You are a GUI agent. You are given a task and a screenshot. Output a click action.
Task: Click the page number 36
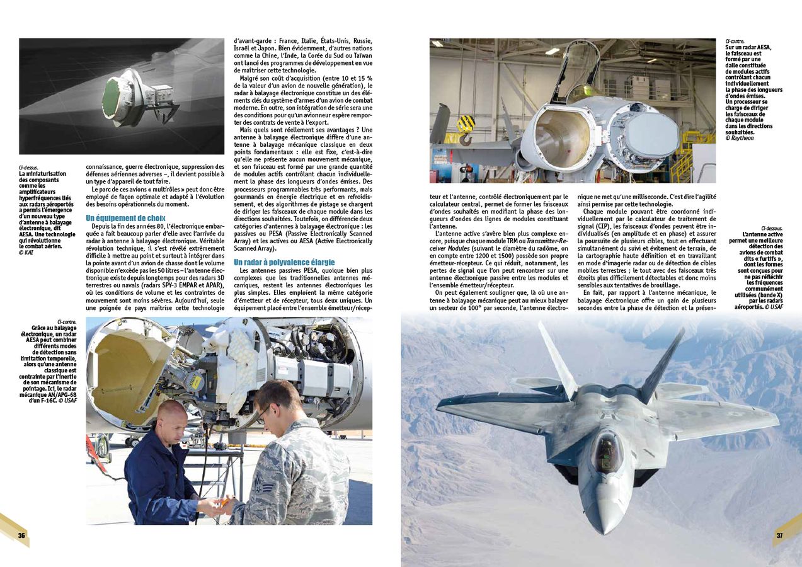click(x=21, y=536)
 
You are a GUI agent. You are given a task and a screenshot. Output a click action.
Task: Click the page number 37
click(x=779, y=536)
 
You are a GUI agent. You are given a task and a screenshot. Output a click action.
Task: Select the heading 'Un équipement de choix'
click(x=125, y=219)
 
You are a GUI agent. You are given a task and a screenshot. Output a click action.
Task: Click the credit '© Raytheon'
click(x=740, y=138)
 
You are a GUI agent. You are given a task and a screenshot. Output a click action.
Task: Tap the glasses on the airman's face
click(x=264, y=411)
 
